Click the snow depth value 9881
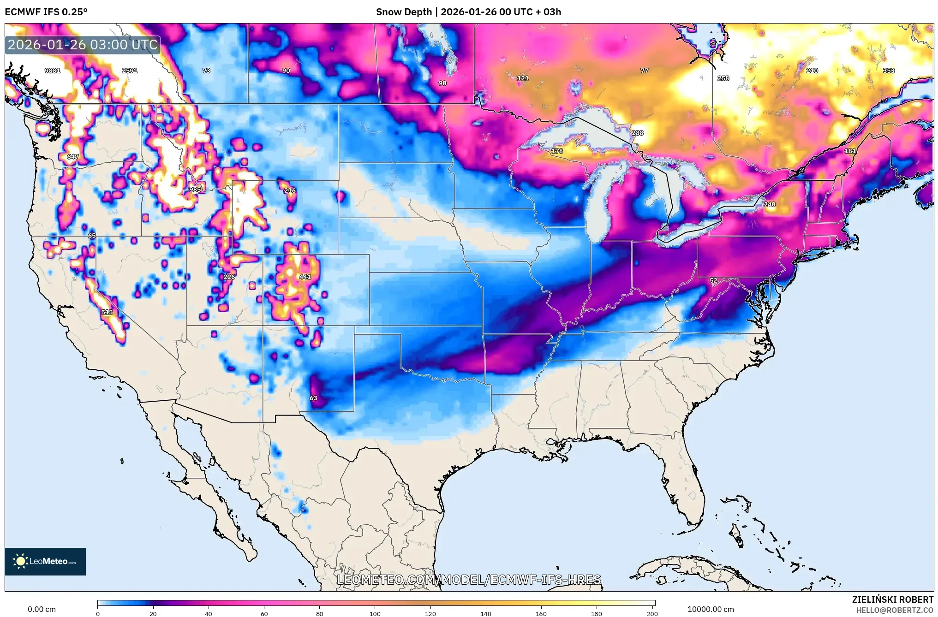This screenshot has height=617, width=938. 52,71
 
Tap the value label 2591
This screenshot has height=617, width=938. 130,71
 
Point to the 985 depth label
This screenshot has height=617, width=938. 195,190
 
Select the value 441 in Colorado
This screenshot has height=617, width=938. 305,277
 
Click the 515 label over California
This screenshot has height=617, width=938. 107,312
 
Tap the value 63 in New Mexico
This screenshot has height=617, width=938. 313,398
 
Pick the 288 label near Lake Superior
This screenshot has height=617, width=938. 637,133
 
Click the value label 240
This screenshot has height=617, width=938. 769,204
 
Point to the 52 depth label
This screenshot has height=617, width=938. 713,280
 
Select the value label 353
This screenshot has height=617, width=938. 888,71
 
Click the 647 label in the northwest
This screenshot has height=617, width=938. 72,157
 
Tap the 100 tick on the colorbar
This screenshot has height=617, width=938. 375,613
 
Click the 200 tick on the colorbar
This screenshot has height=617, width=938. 652,613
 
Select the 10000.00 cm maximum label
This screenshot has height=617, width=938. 710,609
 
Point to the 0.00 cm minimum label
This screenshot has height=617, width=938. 42,609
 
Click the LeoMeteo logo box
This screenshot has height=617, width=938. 45,561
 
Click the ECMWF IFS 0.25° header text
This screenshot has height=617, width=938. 46,12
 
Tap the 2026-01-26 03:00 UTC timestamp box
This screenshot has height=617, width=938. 83,45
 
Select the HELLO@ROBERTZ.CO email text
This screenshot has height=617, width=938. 895,610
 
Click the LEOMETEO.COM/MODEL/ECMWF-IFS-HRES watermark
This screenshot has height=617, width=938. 469,580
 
